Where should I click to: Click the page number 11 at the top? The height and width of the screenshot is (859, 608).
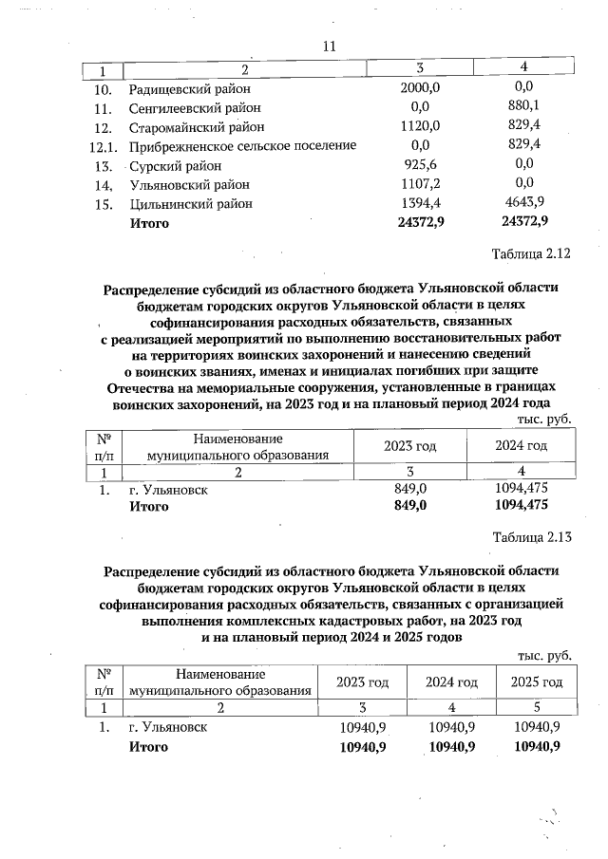point(330,46)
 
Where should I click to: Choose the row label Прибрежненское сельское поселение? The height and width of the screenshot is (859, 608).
point(242,145)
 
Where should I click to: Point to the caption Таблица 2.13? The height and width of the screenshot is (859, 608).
point(531,537)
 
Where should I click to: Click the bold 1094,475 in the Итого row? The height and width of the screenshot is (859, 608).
point(522,506)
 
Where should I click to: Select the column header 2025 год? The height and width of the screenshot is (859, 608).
point(537,682)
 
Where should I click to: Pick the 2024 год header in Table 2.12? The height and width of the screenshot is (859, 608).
point(522,446)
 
